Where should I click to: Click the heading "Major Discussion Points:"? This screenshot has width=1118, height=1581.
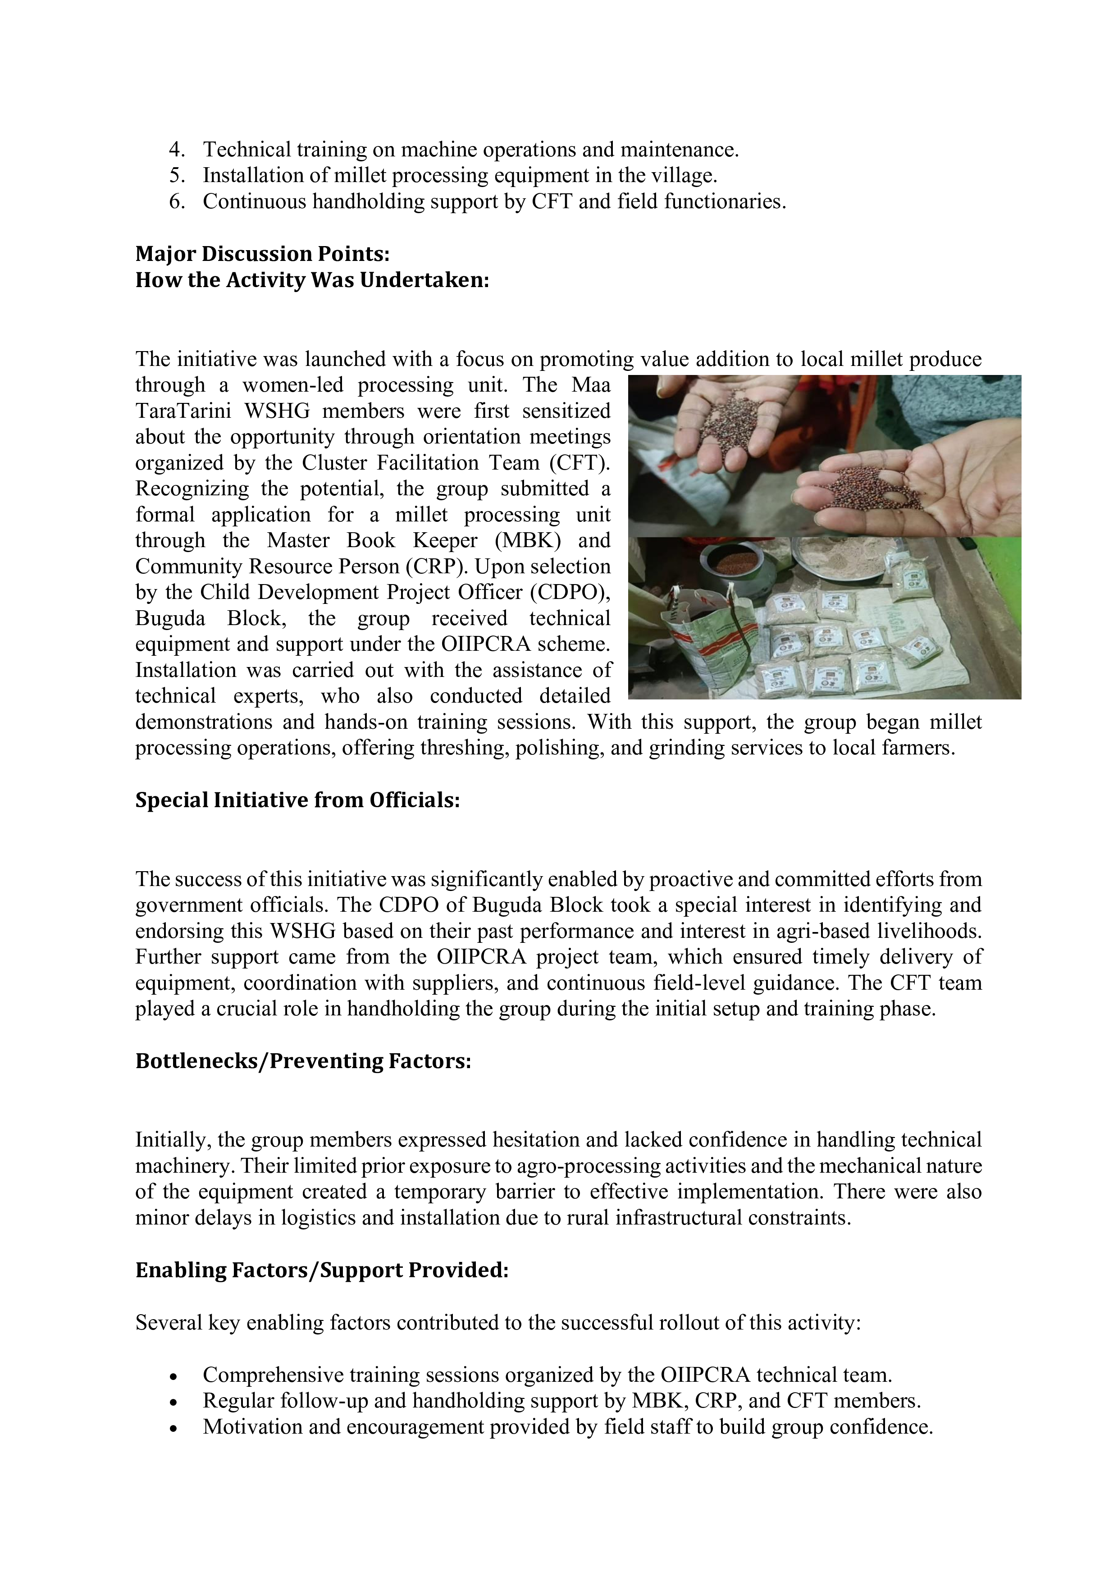pos(262,254)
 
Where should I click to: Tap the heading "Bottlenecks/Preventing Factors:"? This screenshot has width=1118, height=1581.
pos(303,1061)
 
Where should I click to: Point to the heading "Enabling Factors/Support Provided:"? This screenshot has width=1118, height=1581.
pos(321,1270)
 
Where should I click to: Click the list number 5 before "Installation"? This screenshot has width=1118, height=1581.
pos(176,176)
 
